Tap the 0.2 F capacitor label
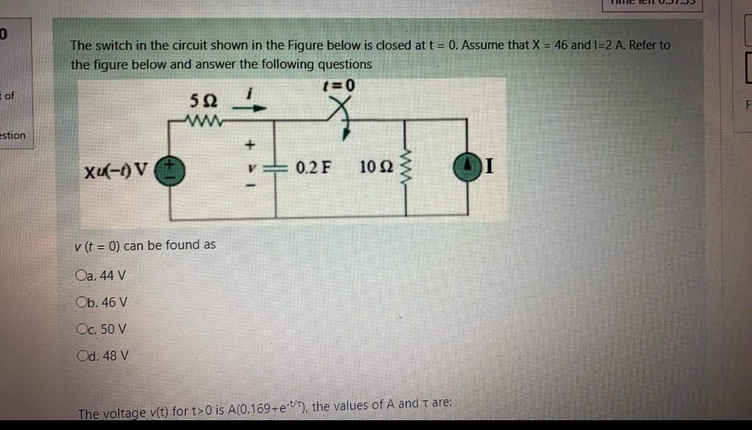[313, 168]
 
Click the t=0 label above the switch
[339, 86]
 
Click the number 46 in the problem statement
[560, 45]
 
